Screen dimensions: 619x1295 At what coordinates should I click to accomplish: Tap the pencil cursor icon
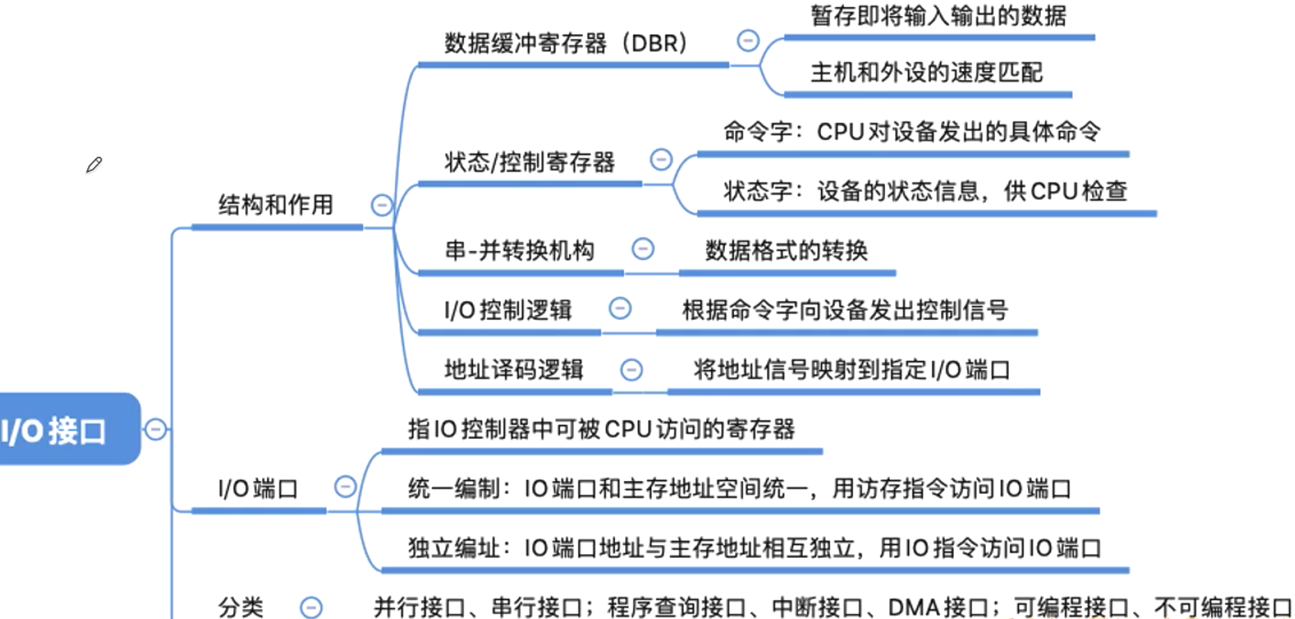coord(94,165)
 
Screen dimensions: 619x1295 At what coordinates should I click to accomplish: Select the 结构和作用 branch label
coord(275,205)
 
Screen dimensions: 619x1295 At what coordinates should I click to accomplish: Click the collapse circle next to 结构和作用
coord(382,205)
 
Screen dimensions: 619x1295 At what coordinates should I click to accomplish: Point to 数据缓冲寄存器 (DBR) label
coord(565,43)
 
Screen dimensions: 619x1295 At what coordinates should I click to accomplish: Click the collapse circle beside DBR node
coord(748,40)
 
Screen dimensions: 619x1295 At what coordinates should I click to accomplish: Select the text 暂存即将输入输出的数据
coord(938,15)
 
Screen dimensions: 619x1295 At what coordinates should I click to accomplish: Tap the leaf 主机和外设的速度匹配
coord(926,73)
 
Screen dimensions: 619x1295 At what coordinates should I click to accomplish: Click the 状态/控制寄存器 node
coord(530,162)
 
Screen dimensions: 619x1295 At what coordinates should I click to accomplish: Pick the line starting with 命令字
coord(911,131)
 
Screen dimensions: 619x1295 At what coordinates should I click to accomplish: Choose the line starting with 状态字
coord(925,191)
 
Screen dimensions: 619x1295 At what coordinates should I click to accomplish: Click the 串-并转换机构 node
coord(519,250)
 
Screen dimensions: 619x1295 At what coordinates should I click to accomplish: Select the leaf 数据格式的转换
coord(786,250)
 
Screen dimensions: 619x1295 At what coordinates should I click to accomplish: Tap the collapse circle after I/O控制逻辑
coord(620,308)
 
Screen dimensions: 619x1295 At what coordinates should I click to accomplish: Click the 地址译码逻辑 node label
coord(514,369)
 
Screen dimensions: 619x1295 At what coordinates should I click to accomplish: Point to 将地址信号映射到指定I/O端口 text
coord(852,369)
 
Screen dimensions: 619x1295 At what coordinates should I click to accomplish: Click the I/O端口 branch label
coord(258,488)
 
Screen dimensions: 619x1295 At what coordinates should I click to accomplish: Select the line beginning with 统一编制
coord(739,488)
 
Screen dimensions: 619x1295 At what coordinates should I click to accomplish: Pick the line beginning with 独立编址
coord(754,548)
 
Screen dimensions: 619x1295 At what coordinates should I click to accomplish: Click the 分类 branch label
coord(241,607)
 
